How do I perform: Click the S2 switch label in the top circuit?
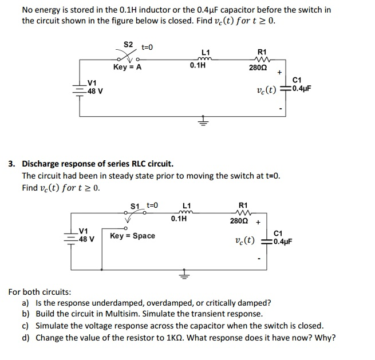128,44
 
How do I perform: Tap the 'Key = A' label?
127,67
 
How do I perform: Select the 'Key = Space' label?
132,236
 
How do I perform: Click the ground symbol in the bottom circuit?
185,274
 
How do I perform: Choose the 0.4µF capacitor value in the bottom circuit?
282,241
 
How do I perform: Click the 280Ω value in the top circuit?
256,68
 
